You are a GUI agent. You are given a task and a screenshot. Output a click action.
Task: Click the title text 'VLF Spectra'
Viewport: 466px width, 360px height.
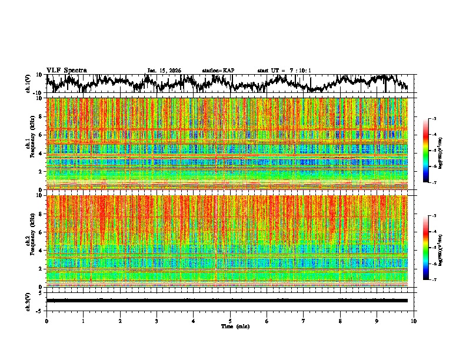coord(66,70)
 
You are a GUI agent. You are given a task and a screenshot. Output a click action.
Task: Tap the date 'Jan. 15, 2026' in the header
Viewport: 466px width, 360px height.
coord(164,71)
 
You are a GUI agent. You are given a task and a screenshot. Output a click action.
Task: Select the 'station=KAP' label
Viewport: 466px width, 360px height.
coord(218,71)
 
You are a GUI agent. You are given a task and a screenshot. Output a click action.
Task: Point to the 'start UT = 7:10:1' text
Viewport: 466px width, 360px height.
coord(284,71)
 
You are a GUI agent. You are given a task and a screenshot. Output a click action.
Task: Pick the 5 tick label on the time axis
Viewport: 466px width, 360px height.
coord(230,321)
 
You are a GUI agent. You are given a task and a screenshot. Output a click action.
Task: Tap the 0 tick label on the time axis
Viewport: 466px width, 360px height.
coord(46,321)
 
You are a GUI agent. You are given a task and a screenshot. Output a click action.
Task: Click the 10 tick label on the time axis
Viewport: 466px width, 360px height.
coord(414,321)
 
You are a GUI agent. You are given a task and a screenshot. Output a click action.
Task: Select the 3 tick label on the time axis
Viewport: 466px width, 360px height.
coord(157,321)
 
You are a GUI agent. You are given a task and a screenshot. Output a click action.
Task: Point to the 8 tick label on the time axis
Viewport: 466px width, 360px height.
coord(340,321)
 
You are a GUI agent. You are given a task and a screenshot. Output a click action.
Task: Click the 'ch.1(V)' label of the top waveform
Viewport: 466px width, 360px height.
coord(28,84)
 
